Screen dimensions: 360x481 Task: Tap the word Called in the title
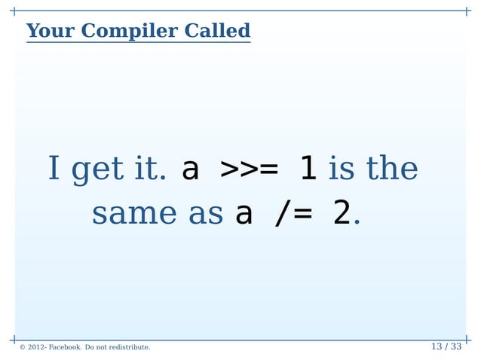click(219, 31)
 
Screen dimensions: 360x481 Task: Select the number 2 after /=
click(342, 215)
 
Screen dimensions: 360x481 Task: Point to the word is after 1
click(342, 169)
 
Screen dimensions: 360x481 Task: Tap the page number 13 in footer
click(436, 346)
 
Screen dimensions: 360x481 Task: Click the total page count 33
click(455, 346)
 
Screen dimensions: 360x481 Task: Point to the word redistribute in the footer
click(128, 347)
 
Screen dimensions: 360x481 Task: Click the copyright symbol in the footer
click(23, 347)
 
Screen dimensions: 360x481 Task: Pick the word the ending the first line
click(392, 169)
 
